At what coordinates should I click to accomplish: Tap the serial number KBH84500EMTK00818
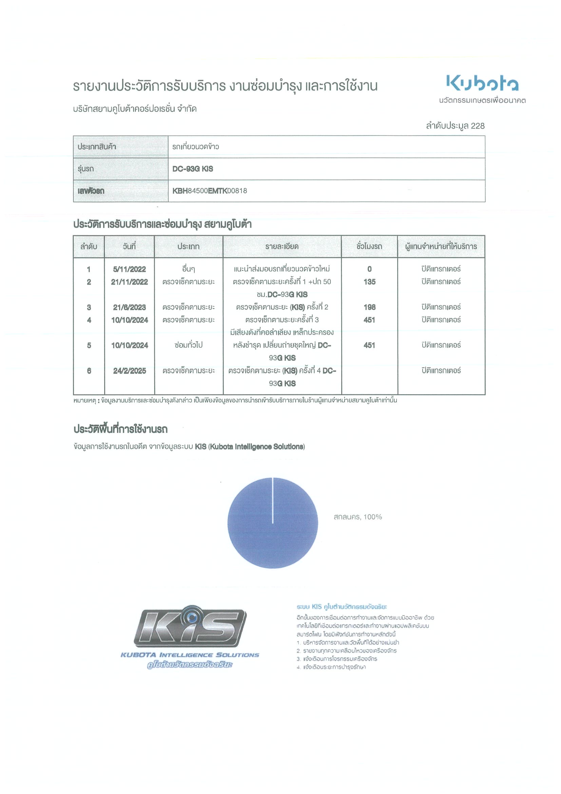pos(210,191)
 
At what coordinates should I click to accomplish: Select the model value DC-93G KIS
pos(193,169)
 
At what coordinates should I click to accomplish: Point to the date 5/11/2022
pos(129,269)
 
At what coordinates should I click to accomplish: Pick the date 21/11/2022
pos(129,282)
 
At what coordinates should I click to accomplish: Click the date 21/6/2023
pos(129,307)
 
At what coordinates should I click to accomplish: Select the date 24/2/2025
pos(129,371)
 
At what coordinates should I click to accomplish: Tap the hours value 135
pos(369,282)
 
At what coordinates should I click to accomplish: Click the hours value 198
pos(369,307)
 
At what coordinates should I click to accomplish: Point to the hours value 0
pos(369,269)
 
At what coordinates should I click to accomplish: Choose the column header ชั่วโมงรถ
pos(369,247)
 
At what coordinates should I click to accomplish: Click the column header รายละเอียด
pos(282,247)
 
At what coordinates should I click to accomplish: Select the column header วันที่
pos(129,247)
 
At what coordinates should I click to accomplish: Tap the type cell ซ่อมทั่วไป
pos(188,345)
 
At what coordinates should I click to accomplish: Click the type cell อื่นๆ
pos(188,269)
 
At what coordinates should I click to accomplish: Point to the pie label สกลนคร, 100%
pos(357,517)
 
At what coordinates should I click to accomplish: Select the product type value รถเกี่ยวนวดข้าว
pos(196,147)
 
